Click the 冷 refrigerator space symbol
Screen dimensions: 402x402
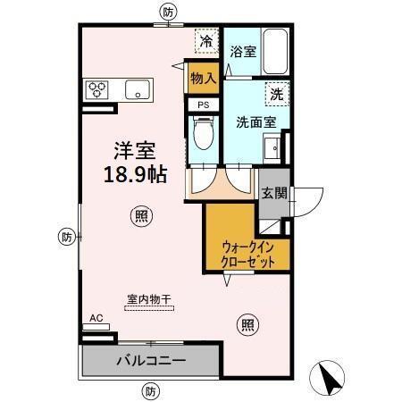pos(206,41)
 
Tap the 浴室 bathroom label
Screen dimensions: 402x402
pos(243,52)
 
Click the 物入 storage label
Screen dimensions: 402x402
pos(203,78)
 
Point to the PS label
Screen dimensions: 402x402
pos(204,104)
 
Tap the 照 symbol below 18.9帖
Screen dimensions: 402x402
pos(139,214)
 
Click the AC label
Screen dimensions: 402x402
pos(96,316)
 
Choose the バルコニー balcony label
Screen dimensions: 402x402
pos(149,361)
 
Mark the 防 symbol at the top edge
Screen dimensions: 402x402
pos(169,12)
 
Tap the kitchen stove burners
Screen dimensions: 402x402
pos(96,89)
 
